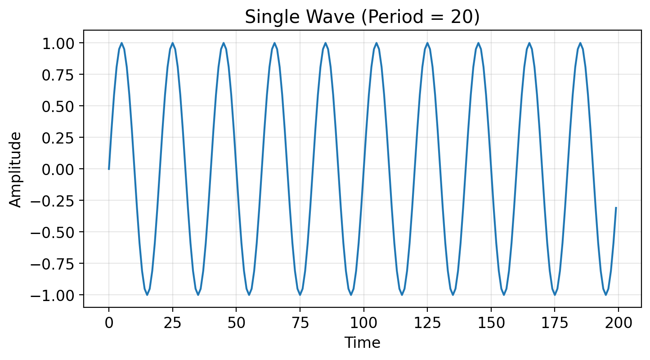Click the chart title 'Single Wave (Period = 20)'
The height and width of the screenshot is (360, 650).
point(362,17)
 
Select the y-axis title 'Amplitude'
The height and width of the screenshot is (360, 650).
point(15,169)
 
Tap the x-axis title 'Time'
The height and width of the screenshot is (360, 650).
point(362,343)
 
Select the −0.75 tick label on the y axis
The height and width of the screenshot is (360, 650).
point(55,264)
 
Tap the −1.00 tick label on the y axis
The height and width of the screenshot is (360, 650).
point(55,295)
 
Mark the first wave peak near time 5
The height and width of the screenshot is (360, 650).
point(121,43)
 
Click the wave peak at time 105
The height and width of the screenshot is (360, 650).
point(377,43)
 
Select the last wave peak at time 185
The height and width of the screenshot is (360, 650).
point(580,43)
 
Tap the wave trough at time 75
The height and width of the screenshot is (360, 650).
point(300,295)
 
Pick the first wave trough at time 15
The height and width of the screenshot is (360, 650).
point(147,295)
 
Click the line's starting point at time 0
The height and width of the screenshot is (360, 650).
point(109,169)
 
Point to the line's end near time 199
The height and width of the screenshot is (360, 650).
point(616,208)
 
